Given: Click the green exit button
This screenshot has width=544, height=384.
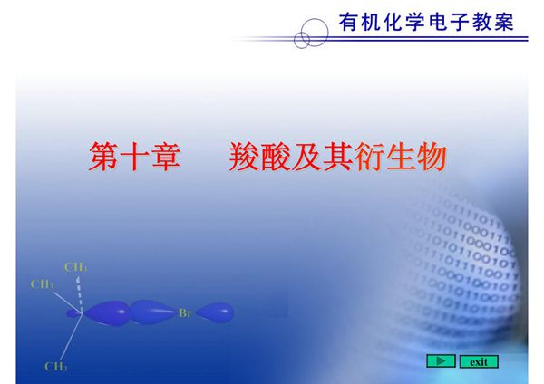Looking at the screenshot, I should click(x=479, y=361).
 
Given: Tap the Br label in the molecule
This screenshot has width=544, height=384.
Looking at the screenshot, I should click(x=185, y=312).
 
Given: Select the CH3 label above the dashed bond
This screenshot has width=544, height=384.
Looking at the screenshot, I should click(x=76, y=267).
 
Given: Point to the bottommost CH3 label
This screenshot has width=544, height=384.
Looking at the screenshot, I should click(x=56, y=367).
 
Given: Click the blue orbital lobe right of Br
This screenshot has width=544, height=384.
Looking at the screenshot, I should click(x=215, y=312).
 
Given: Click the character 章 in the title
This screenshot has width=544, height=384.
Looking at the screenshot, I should click(x=179, y=158).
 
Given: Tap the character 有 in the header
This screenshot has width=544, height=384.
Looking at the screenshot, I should click(x=348, y=20).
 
